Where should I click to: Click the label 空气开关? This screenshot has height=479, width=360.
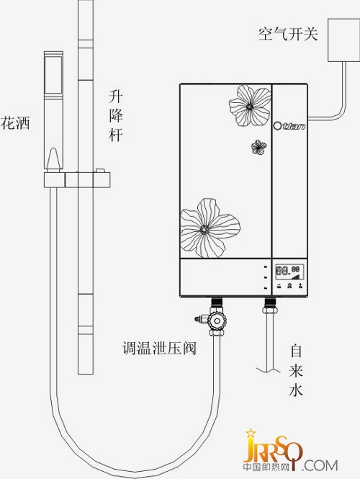288,34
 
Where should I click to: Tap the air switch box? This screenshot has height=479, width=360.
344,40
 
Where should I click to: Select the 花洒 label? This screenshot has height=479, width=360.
15,123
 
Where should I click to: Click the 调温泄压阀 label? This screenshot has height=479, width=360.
159,348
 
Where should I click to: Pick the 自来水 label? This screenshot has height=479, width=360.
296,370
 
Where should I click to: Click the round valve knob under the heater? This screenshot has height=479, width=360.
217,321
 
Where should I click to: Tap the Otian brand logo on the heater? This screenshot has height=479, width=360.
289,126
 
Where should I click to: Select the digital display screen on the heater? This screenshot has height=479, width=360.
289,272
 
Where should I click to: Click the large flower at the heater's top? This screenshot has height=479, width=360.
250,106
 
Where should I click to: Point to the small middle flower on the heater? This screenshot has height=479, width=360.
259,147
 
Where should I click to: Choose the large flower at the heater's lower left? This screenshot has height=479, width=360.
210,228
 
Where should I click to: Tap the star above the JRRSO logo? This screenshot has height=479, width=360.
251,433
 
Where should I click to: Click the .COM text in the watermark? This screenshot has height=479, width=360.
320,465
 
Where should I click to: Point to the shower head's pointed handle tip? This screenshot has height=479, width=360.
53,149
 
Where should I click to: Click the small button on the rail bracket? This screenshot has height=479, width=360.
99,170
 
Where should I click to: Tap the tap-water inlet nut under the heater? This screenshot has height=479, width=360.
270,310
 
